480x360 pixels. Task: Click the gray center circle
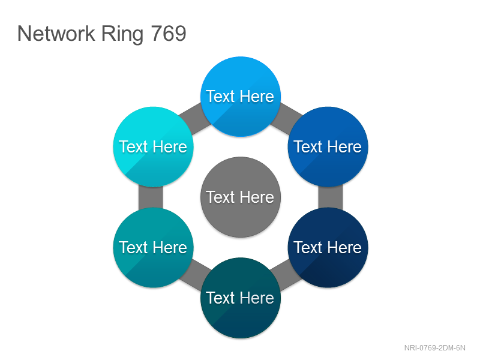[241, 197]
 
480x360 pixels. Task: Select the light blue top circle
[241, 97]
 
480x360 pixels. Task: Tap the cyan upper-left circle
[153, 146]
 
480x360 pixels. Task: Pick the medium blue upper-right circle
[328, 146]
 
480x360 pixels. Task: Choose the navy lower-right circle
[328, 247]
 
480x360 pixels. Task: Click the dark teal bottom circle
[241, 298]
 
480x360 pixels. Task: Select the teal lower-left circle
[153, 247]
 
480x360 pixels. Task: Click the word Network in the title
[56, 34]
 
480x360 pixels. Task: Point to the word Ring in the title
[122, 34]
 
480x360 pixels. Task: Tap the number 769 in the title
[169, 34]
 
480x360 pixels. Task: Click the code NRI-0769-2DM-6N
[434, 348]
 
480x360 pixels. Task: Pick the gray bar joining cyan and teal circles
[151, 197]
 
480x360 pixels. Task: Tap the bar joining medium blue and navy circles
[331, 197]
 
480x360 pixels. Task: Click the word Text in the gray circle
[220, 197]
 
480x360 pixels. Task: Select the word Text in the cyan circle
[133, 146]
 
